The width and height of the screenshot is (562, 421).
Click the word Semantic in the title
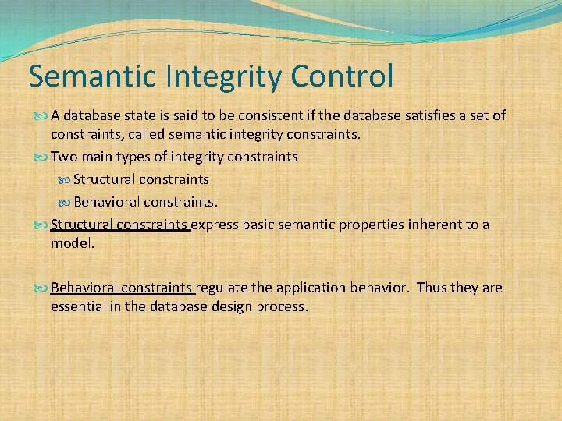click(92, 76)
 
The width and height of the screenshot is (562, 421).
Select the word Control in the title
click(342, 76)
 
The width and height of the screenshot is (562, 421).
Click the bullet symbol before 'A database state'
click(41, 116)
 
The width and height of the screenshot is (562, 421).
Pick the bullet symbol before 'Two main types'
click(41, 157)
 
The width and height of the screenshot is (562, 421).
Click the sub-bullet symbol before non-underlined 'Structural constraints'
click(64, 180)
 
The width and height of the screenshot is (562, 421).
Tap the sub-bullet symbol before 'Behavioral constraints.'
click(64, 203)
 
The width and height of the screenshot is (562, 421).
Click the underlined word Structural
click(81, 225)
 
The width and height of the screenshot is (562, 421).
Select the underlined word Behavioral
click(84, 288)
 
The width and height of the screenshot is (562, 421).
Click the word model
click(73, 244)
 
